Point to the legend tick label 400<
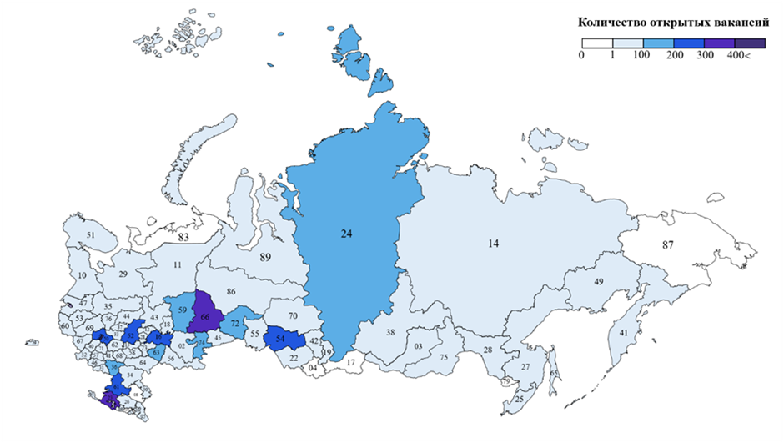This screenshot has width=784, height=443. click(739, 55)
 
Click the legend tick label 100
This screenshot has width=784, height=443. click(642, 55)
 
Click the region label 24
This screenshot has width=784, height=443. click(347, 234)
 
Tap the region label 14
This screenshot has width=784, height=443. click(494, 244)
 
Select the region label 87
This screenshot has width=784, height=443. click(668, 245)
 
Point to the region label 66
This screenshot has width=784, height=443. click(205, 317)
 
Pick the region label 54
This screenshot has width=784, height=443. click(280, 339)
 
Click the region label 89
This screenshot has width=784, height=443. click(266, 257)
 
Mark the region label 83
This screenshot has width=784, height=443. click(183, 239)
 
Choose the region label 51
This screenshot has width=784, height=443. click(91, 236)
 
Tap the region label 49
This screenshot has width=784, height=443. click(598, 282)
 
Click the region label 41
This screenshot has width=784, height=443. click(623, 334)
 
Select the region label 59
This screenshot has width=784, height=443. click(182, 310)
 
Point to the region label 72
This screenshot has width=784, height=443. click(235, 322)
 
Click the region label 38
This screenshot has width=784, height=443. click(389, 332)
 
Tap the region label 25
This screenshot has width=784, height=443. click(520, 399)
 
